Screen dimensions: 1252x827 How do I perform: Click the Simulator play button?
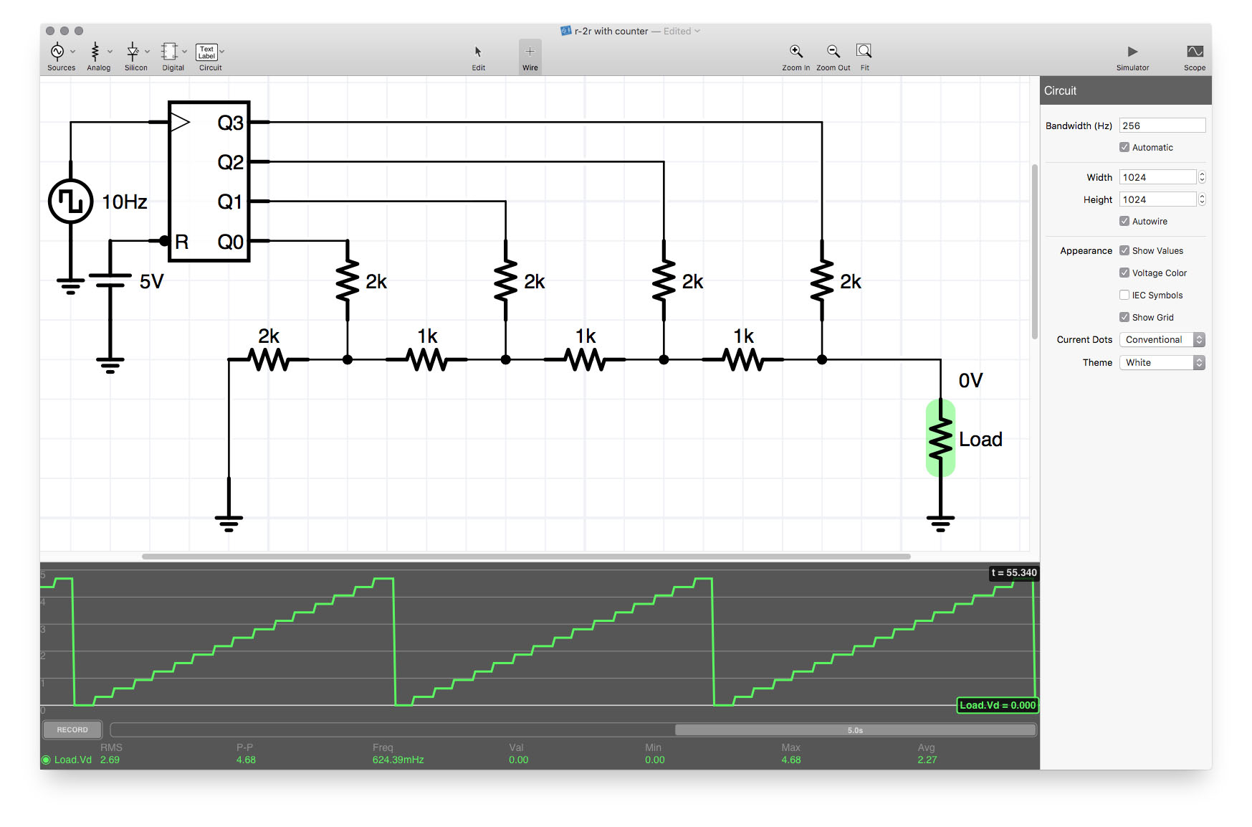click(1132, 52)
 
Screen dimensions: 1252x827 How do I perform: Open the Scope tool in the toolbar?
click(1195, 52)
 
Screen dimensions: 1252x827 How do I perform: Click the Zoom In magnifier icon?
click(796, 51)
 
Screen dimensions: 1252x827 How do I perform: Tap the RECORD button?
click(72, 729)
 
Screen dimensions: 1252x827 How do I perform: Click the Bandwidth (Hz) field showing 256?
click(1162, 126)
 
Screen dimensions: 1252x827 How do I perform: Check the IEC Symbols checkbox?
click(1124, 295)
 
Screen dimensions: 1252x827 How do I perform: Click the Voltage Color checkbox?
click(1124, 273)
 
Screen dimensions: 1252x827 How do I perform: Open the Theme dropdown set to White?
click(1162, 362)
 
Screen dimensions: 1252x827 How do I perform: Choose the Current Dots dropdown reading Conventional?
click(1162, 340)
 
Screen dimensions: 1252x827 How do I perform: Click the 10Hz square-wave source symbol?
click(70, 202)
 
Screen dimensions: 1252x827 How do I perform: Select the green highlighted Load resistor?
click(940, 438)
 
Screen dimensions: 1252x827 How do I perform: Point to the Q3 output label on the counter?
click(230, 123)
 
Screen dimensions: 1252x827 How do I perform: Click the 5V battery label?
click(151, 281)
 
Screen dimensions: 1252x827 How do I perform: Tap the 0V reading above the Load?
click(970, 380)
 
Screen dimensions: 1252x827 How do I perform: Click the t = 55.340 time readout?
click(1014, 572)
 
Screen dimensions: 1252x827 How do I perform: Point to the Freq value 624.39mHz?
click(398, 760)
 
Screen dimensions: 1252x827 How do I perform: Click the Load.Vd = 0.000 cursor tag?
click(998, 705)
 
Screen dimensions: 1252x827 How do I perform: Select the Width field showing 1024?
click(1157, 177)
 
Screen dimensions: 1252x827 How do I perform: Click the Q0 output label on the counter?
click(230, 242)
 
